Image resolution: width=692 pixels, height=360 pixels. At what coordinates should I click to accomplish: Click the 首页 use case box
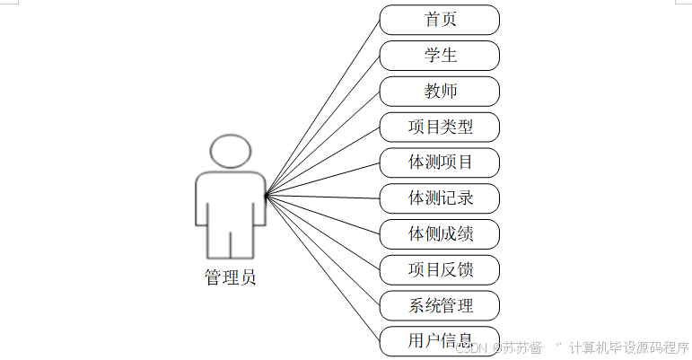(440, 20)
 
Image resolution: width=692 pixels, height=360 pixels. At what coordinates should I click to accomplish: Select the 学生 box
(440, 56)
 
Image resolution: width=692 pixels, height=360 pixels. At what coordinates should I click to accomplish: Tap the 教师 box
(440, 92)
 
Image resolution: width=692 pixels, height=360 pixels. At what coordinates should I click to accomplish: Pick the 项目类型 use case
(440, 127)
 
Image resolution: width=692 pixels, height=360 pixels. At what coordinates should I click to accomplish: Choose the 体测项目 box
(440, 162)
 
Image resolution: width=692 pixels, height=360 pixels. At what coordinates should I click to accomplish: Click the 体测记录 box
(440, 198)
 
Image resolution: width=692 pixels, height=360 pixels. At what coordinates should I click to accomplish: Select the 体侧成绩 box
(440, 234)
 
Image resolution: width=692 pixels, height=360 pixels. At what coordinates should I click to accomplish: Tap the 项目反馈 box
(440, 269)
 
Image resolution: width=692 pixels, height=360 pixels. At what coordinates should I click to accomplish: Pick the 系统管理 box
(440, 305)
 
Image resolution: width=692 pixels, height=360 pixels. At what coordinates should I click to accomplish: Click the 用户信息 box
(440, 341)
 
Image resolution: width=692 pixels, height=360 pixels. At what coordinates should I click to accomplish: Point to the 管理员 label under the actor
(230, 277)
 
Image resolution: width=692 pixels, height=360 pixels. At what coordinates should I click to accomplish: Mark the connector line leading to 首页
(323, 105)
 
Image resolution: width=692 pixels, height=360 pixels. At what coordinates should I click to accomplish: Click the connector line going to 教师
(323, 142)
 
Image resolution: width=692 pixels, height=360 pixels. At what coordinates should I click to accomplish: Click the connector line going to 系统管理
(323, 250)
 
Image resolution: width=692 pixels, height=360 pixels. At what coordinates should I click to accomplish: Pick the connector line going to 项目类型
(323, 160)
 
